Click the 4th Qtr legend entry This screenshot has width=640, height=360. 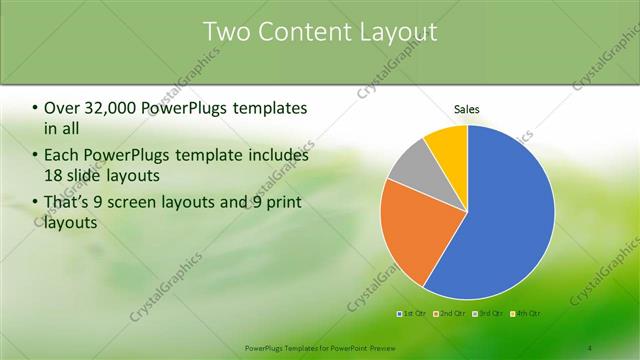(526, 314)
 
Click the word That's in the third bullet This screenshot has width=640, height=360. (67, 204)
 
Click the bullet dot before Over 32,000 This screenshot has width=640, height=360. (36, 108)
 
